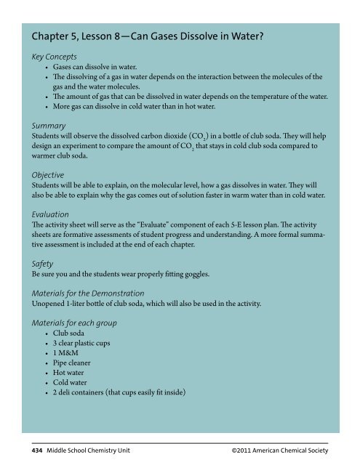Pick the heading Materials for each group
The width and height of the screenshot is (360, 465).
(72, 320)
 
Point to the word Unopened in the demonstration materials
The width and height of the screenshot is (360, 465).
(44, 304)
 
